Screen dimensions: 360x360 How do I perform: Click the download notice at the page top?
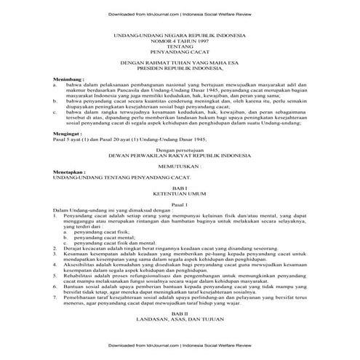(179, 11)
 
